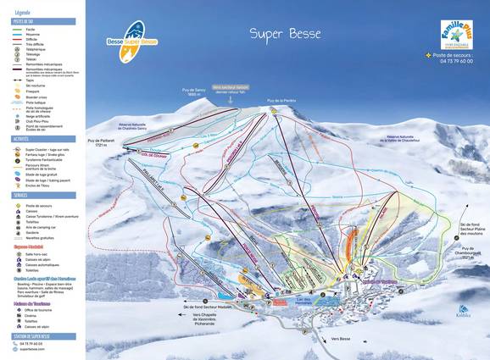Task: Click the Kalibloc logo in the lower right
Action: pyautogui.click(x=463, y=311)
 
